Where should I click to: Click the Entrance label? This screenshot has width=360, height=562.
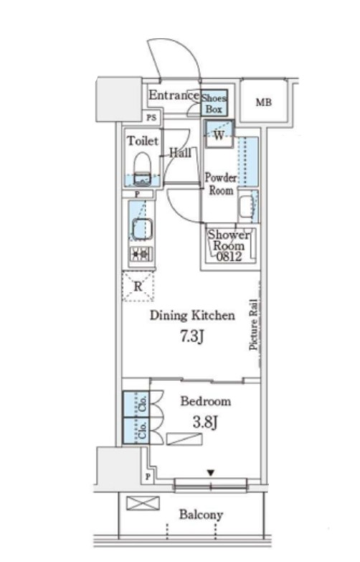pos(173,95)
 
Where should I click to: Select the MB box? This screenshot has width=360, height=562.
pos(264,102)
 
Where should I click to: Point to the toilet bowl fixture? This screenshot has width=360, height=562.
pos(141,168)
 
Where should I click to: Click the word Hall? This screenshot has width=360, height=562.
pos(179,152)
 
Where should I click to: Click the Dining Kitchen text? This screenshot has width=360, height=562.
pos(191,315)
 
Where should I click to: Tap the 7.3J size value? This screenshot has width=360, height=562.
pos(191,337)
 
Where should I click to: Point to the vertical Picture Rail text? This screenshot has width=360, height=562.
pos(253,325)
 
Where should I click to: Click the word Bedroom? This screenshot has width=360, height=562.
pos(205,401)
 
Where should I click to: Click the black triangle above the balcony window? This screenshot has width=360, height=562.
pos(210,472)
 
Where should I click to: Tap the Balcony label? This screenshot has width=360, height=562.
pos(201,515)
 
